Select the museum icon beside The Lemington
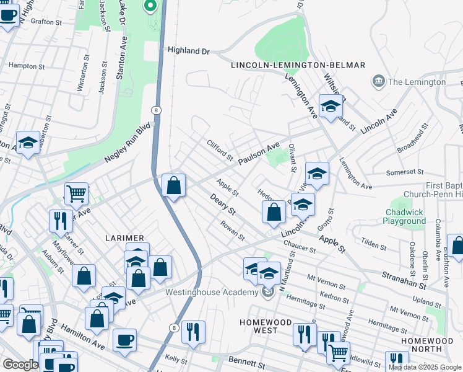(x=378, y=81)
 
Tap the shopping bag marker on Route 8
(x=174, y=185)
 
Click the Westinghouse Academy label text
(x=211, y=293)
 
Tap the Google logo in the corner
(x=20, y=365)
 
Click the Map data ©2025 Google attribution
(x=424, y=367)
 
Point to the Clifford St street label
(x=219, y=148)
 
